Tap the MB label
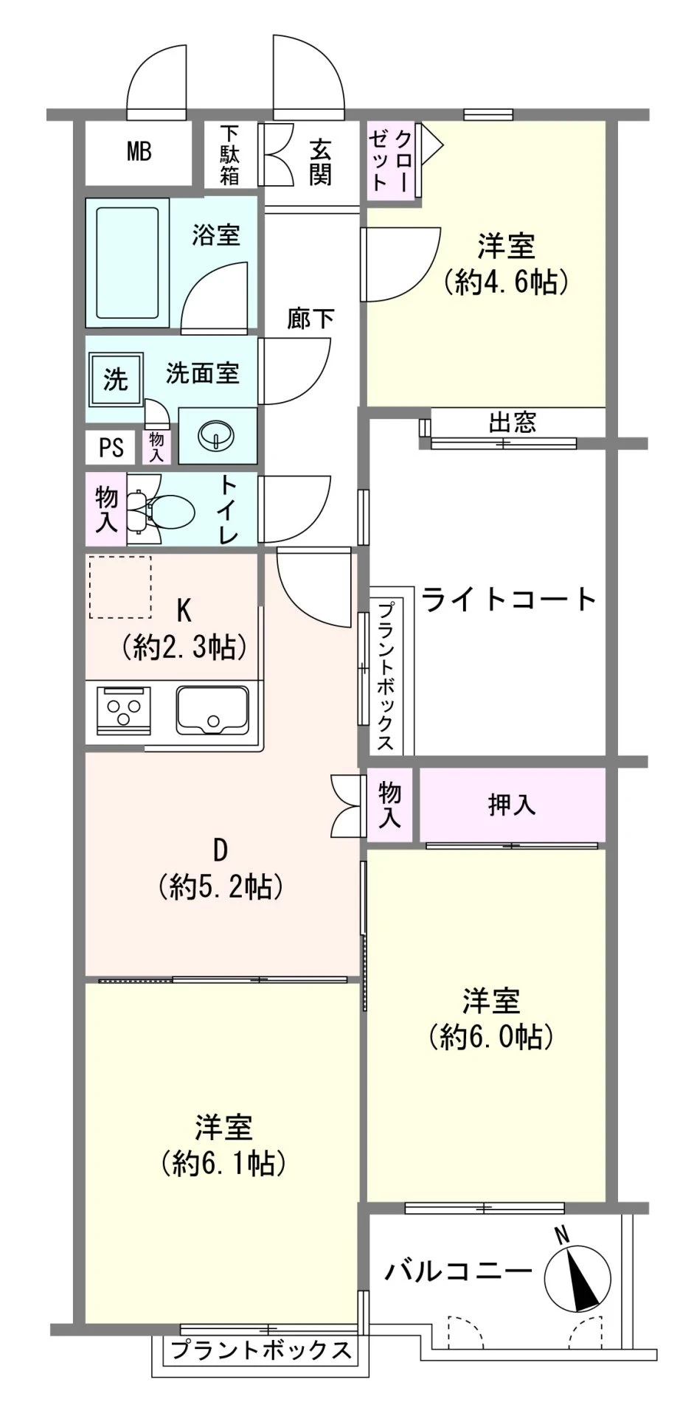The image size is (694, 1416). [x=139, y=152]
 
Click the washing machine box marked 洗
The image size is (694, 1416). [x=115, y=380]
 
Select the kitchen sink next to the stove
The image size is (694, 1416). [x=213, y=711]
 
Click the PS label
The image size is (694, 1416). [x=111, y=448]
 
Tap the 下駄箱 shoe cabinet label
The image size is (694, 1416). [x=229, y=155]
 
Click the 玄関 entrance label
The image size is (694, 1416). [x=320, y=162]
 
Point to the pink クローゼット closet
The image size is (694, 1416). [x=391, y=160]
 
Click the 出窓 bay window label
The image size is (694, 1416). [x=512, y=423]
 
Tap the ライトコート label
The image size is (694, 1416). [x=509, y=600]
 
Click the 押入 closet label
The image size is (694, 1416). [x=511, y=805]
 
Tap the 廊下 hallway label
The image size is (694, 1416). [x=310, y=319]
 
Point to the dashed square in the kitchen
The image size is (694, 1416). [x=120, y=587]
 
